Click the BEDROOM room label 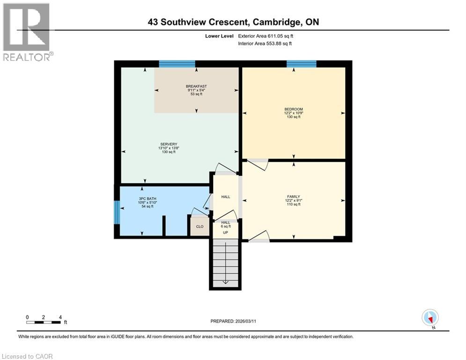point(294,109)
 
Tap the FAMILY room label point(294,196)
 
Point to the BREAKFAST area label point(196,86)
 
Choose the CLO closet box point(200,226)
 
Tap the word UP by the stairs point(225,232)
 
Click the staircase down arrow point(225,281)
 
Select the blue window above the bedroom point(301,64)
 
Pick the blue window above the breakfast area point(177,64)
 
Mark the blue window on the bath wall point(117,213)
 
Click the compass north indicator point(430,317)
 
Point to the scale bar point(44,322)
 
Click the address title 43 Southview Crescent point(233,22)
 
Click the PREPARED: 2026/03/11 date point(233,322)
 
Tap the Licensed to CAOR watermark point(27,356)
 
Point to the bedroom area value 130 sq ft point(294,117)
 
